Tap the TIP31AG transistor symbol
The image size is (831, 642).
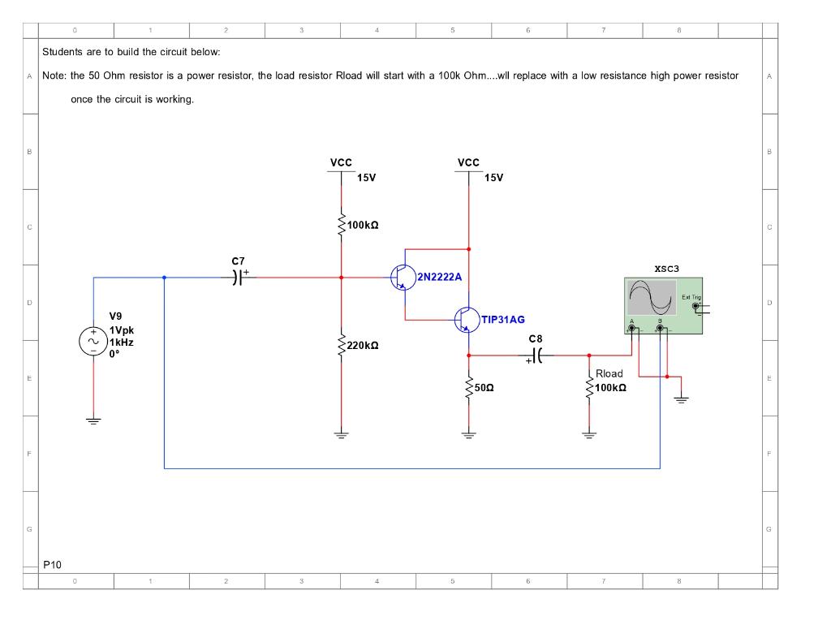(x=467, y=320)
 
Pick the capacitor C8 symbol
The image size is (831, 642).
(x=536, y=355)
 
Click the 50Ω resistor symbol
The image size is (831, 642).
(x=469, y=388)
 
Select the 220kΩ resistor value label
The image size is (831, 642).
(x=363, y=346)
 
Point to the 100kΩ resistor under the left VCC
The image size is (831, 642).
(x=342, y=224)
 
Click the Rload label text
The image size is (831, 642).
(x=609, y=373)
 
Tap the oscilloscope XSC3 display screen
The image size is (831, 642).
(x=652, y=298)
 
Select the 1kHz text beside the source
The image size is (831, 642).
(x=123, y=342)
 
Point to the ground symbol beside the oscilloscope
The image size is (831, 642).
(x=681, y=399)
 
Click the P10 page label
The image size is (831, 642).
(x=52, y=564)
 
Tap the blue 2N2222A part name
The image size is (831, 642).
(x=439, y=277)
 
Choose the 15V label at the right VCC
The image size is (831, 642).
(x=494, y=178)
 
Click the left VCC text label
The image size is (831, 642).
(x=341, y=163)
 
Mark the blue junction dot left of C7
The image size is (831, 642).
(x=164, y=278)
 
